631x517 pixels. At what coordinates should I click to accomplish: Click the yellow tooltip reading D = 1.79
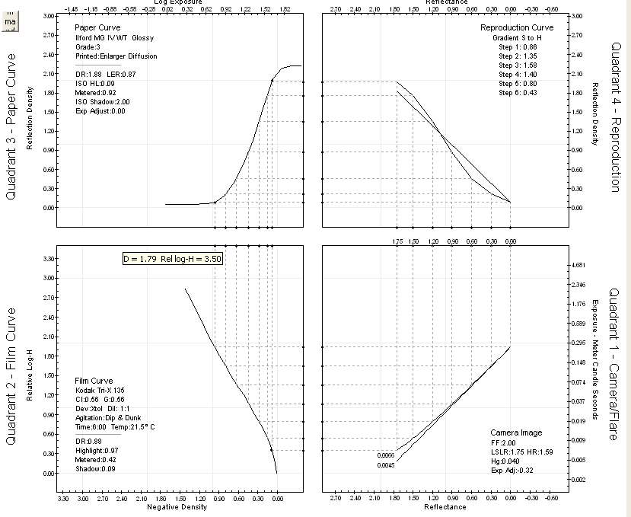[173, 259]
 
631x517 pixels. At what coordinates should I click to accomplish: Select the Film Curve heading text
[94, 381]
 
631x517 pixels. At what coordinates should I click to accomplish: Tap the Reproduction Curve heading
[516, 27]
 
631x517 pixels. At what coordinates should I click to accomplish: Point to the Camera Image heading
[516, 432]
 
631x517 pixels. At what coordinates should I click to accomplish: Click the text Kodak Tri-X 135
[101, 390]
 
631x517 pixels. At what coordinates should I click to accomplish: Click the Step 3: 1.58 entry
[517, 65]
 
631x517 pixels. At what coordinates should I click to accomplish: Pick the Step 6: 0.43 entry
[517, 92]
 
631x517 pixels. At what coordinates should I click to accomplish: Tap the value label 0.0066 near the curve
[386, 455]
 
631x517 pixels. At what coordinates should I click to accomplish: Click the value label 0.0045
[386, 464]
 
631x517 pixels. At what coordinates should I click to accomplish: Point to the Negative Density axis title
[177, 507]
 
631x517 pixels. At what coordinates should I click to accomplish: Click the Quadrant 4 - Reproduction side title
[616, 116]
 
